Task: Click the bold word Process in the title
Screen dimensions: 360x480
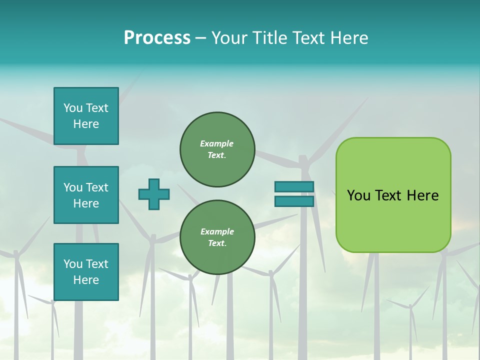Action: click(x=157, y=38)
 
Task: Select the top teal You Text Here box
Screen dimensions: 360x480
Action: click(x=86, y=116)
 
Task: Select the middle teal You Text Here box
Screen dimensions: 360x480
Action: click(x=86, y=195)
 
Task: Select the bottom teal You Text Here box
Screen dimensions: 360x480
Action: click(x=86, y=272)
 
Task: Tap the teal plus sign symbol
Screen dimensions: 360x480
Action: click(x=154, y=194)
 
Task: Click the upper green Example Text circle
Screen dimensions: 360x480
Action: click(x=217, y=149)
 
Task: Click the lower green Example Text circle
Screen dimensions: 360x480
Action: click(x=217, y=237)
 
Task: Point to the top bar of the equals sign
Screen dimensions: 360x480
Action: click(x=294, y=186)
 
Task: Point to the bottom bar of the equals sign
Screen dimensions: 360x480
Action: click(x=294, y=201)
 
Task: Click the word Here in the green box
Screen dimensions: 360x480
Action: click(x=422, y=195)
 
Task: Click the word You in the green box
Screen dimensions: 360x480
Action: click(x=358, y=195)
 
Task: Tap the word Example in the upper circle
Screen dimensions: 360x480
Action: click(x=217, y=143)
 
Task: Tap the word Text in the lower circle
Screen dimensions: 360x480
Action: click(x=217, y=243)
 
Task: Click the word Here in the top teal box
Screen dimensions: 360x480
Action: click(x=86, y=124)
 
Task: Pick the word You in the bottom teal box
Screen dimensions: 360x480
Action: click(x=72, y=264)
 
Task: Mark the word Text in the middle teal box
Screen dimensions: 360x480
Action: click(x=97, y=187)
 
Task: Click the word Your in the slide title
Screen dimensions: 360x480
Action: click(x=229, y=38)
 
